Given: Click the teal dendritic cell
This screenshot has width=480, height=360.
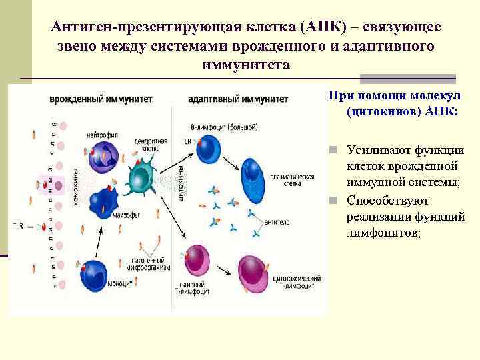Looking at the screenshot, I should tap(141, 178).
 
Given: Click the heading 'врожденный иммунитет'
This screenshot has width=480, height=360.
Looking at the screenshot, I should tap(100, 99).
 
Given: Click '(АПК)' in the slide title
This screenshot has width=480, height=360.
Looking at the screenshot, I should tap(323, 27).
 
